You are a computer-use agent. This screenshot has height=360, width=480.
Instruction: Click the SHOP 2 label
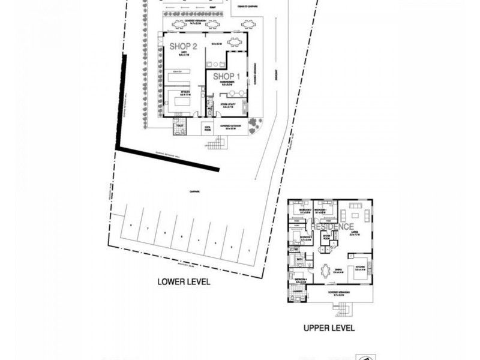click(184, 46)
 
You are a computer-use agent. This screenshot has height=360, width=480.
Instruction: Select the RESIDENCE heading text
click(332, 227)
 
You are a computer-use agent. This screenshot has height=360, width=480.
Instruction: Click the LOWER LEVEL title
click(184, 281)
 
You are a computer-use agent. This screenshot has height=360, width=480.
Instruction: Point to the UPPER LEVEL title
click(329, 328)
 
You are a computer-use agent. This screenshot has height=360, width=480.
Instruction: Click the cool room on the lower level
click(208, 127)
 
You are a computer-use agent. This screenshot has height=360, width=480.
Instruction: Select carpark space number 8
click(130, 224)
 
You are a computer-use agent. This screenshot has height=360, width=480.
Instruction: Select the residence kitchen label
click(361, 269)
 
